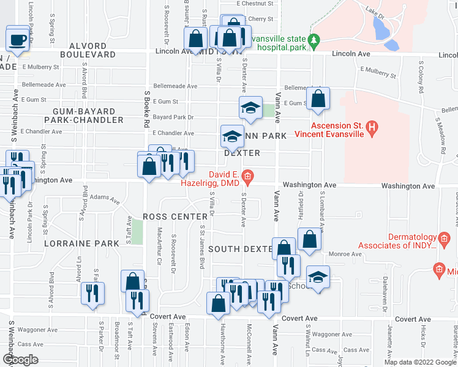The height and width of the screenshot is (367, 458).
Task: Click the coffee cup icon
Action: coord(18,40)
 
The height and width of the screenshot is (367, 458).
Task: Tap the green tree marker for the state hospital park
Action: coord(314,42)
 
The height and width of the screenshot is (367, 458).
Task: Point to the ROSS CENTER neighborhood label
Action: coord(175,217)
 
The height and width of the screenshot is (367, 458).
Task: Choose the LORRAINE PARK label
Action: coord(81,243)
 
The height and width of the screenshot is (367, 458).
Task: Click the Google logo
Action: coord(20,359)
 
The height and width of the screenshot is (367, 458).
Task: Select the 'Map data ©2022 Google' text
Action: coord(420,362)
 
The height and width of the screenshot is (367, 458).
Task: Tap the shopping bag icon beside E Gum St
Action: coord(318,99)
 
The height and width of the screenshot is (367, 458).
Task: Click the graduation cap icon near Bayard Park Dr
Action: coord(250,108)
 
